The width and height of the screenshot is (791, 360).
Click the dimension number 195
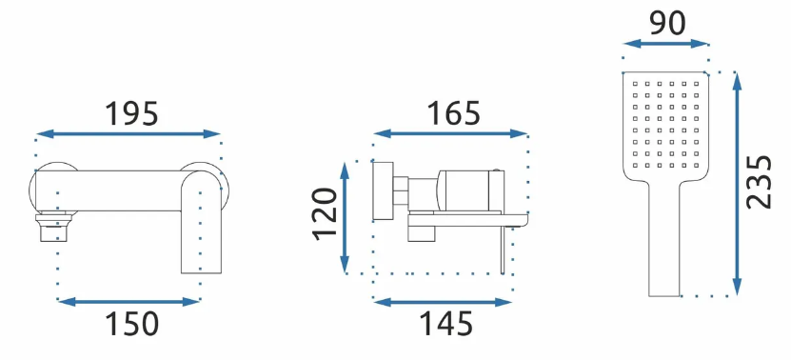(x=131, y=114)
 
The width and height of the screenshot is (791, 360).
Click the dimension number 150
(x=131, y=324)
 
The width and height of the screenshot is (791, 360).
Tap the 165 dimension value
(x=454, y=113)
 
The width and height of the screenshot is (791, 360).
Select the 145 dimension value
(x=446, y=324)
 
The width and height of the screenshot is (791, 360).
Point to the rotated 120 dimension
(x=325, y=213)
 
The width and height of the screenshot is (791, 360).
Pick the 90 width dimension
(x=667, y=23)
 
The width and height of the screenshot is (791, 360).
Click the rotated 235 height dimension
(x=760, y=182)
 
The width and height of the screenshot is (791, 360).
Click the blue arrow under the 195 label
(x=129, y=133)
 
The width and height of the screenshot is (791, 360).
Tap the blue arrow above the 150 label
(x=129, y=302)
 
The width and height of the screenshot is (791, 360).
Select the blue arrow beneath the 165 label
(x=450, y=133)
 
